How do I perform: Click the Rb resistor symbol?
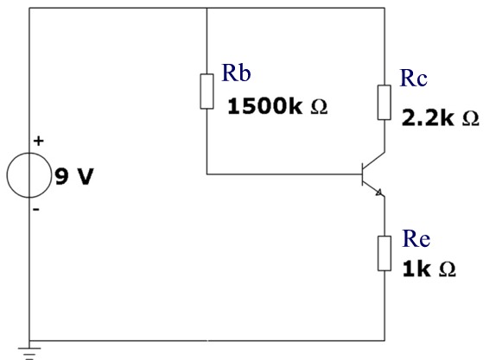coord(207,92)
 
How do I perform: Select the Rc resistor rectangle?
coord(384,103)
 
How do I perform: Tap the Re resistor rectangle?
coord(384,254)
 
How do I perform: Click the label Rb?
coord(236,73)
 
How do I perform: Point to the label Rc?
coord(414,78)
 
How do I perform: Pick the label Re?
coord(416,239)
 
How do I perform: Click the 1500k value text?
coord(264,106)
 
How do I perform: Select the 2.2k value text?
coord(428,117)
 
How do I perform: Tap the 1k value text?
coord(416,268)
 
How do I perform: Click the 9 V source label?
coord(74,176)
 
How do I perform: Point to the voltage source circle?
coord(29,153)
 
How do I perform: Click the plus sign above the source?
coord(38,141)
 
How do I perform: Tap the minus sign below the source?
coord(36,210)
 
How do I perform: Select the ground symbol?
coord(29,353)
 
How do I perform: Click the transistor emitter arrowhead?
coord(379,193)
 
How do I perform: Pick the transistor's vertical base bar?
coord(362,174)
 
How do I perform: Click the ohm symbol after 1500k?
coord(319,107)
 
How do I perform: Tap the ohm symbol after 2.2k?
coord(471,119)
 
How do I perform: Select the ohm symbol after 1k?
coord(448,269)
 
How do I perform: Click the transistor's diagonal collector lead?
coord(373,161)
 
